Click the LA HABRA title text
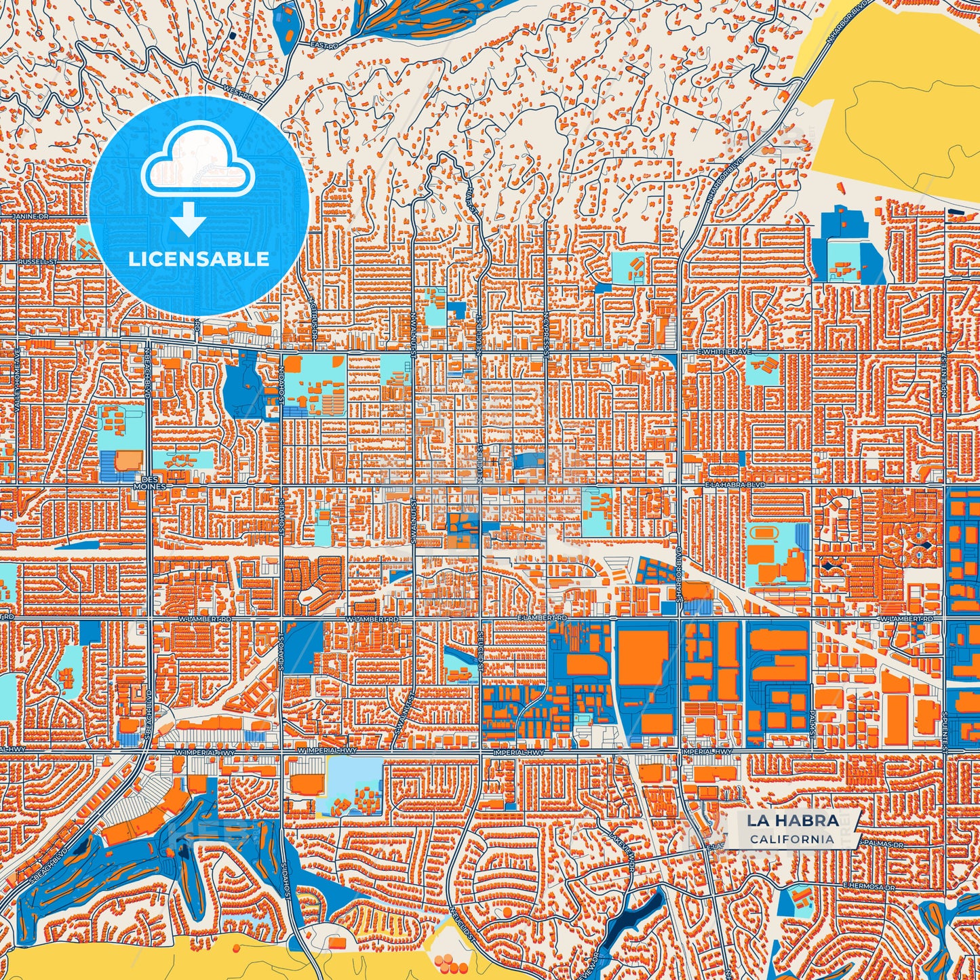[792, 821]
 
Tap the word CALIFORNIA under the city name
[792, 839]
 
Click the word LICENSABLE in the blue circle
[199, 259]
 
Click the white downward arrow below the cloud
[188, 219]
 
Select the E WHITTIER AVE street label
[725, 353]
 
